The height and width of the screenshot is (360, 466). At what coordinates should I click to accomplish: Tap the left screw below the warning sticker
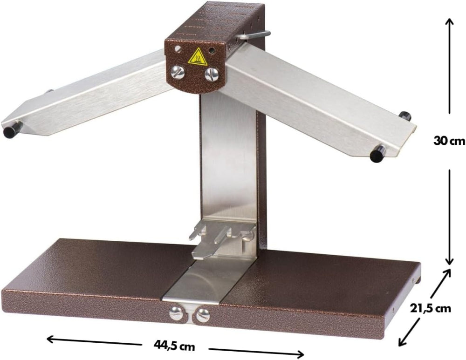(x=178, y=73)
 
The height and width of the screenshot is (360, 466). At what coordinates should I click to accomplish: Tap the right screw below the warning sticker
(x=212, y=74)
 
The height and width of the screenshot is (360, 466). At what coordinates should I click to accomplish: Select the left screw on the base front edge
(x=177, y=314)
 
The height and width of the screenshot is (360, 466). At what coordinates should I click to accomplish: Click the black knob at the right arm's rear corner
(x=405, y=116)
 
